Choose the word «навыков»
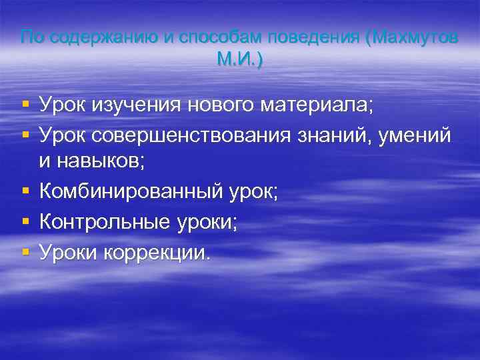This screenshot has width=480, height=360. pyautogui.click(x=104, y=161)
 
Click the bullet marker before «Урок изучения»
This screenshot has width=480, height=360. pyautogui.click(x=25, y=105)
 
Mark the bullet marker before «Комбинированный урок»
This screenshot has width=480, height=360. pyautogui.click(x=25, y=192)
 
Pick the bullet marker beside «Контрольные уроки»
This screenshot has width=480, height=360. pyautogui.click(x=25, y=222)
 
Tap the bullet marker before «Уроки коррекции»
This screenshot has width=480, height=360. pyautogui.click(x=25, y=252)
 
